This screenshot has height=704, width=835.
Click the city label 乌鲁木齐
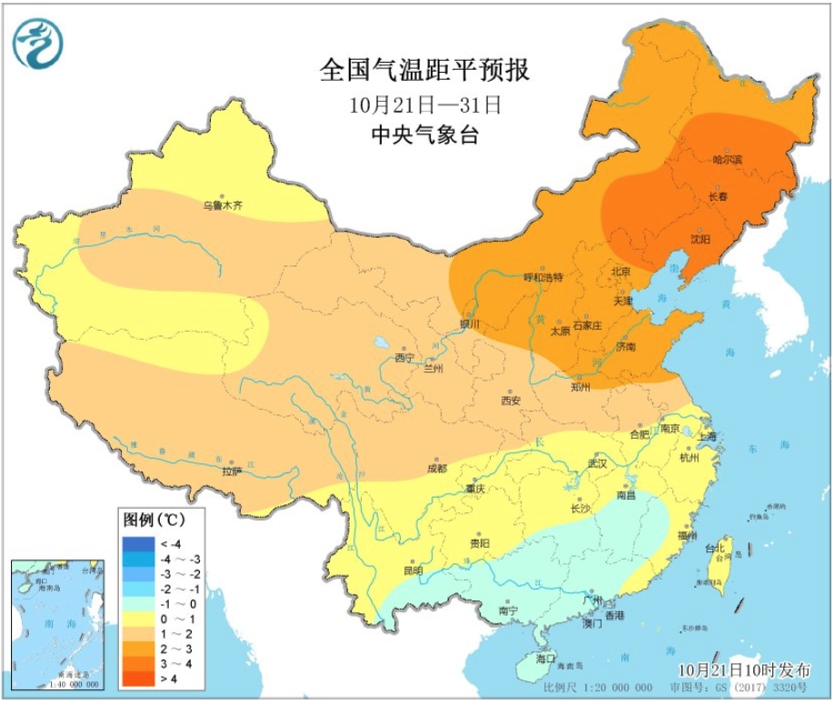[223, 206]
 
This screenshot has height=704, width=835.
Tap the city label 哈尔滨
[728, 160]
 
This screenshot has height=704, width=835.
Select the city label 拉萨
[233, 471]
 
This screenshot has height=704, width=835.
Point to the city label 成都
[436, 469]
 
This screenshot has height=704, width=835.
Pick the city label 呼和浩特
[544, 277]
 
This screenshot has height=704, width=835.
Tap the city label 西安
[511, 401]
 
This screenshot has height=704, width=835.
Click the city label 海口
[545, 657]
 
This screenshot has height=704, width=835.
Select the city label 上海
[707, 437]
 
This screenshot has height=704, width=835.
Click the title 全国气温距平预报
[424, 71]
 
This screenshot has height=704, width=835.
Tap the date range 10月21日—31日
[424, 104]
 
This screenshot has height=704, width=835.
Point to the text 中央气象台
[424, 136]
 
